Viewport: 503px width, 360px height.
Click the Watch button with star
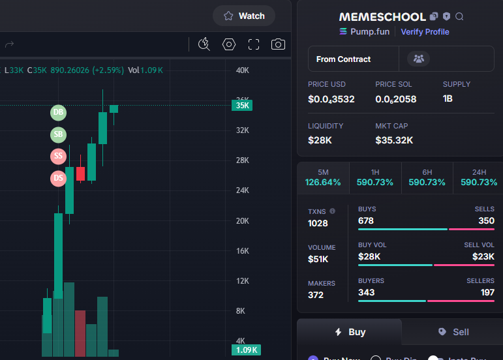[244, 16]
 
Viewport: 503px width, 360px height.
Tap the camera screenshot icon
[279, 44]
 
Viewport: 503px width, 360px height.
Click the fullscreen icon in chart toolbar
[254, 44]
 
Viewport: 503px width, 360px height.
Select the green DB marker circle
[59, 113]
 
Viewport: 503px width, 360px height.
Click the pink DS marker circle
[59, 177]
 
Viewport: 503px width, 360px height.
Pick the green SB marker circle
[59, 135]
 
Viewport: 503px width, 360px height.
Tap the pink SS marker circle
[59, 156]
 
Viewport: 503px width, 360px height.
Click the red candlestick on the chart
[81, 173]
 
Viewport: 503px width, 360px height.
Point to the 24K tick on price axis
[243, 190]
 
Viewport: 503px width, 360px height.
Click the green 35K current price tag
[243, 105]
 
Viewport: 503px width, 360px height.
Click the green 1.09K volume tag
[246, 350]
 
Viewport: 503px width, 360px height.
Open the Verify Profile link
[425, 31]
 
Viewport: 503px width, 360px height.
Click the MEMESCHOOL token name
[382, 16]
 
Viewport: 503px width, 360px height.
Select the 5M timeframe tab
[323, 177]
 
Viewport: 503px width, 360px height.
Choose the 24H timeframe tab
[479, 177]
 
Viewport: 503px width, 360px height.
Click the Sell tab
[453, 332]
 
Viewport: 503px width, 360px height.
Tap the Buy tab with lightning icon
[350, 332]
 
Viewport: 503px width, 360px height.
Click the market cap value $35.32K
[394, 140]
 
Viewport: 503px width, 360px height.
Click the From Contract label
[343, 59]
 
